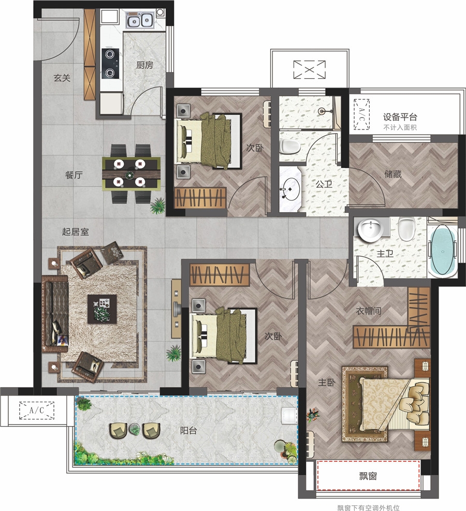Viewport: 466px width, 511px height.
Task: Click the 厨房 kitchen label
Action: click(x=144, y=65)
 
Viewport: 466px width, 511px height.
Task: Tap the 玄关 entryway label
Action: click(x=62, y=78)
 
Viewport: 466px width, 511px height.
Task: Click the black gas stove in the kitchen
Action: click(x=110, y=64)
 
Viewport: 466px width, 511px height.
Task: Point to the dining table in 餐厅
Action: click(x=132, y=174)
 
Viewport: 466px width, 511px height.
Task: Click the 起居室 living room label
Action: click(x=75, y=232)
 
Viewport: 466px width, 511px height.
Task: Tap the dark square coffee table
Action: click(x=102, y=309)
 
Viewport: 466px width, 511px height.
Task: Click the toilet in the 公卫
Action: click(x=289, y=147)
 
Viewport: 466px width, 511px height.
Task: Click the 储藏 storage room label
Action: click(x=392, y=174)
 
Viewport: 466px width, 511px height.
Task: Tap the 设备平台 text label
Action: click(x=400, y=117)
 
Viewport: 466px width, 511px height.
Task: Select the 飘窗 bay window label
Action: click(x=368, y=476)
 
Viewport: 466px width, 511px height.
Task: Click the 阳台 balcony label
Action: click(x=188, y=431)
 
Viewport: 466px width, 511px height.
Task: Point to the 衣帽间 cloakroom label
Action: click(x=368, y=311)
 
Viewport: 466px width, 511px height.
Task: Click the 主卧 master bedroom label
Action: click(x=326, y=382)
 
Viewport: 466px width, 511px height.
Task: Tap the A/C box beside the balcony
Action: click(x=36, y=410)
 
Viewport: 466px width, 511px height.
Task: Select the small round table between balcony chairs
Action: click(x=134, y=429)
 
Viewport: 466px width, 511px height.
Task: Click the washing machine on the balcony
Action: click(x=289, y=416)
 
